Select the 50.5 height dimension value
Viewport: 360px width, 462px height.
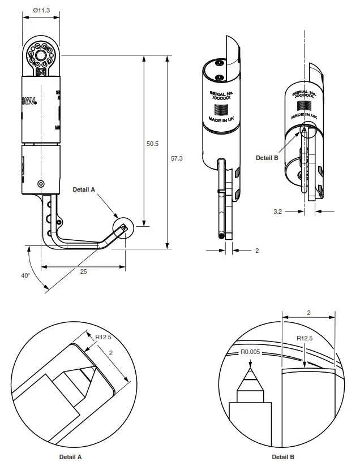(152, 144)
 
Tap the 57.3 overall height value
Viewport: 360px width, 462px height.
(177, 158)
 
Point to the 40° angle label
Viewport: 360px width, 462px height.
(25, 275)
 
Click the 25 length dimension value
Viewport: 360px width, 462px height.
(83, 272)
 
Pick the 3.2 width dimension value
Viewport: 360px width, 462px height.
(277, 211)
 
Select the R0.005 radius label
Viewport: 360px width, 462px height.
(250, 352)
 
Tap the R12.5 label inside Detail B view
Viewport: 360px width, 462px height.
(305, 338)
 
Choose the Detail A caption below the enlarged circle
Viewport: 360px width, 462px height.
(71, 456)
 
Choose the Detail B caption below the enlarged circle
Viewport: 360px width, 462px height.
(283, 456)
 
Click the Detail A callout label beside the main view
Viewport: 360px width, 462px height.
(84, 190)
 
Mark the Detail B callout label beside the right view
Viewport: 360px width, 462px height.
(267, 158)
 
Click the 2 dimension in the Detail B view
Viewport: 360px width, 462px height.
(308, 312)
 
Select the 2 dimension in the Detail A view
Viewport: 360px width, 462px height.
(112, 353)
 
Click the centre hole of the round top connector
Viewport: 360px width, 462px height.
(41, 57)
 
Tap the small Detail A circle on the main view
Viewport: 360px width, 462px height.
(122, 229)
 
